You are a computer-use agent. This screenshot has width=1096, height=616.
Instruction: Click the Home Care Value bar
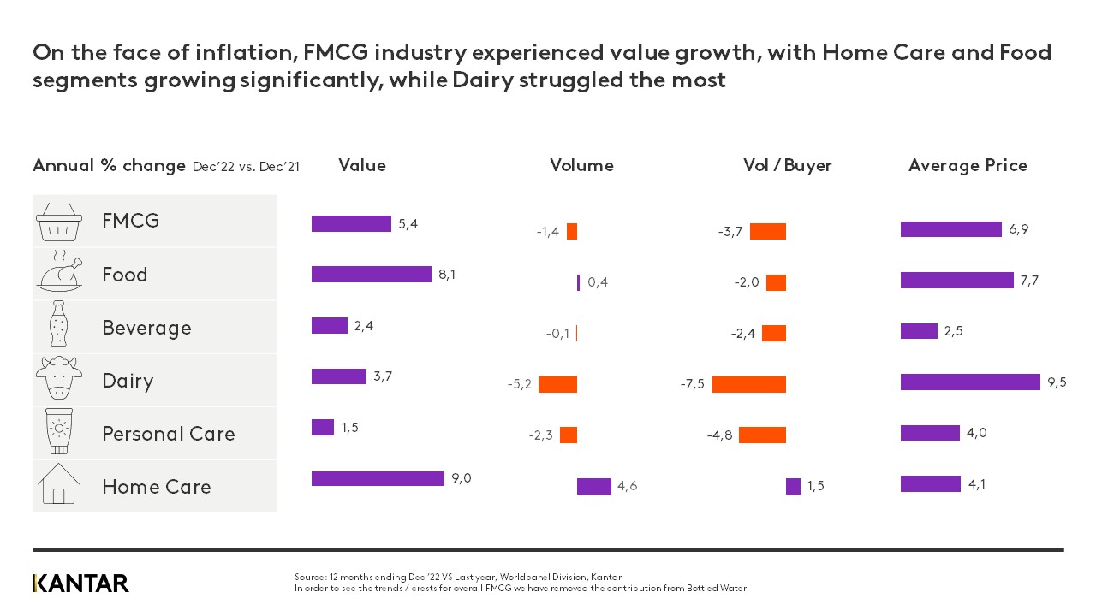(x=378, y=478)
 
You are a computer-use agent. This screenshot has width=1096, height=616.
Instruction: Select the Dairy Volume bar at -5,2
(x=557, y=384)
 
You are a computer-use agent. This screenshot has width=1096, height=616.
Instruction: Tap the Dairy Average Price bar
(x=970, y=382)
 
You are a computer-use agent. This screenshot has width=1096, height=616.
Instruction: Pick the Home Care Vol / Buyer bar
(x=793, y=486)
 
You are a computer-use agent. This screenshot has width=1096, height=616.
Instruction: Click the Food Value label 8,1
(x=447, y=275)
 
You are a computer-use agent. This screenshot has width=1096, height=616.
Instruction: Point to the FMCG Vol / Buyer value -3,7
(x=730, y=232)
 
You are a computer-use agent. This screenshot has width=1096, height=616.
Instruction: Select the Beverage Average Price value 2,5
(x=953, y=331)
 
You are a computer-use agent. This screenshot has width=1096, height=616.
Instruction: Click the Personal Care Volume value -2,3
(x=540, y=435)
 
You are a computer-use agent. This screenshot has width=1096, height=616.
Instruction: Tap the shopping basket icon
(x=59, y=222)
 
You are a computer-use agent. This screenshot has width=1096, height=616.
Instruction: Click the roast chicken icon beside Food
(x=59, y=275)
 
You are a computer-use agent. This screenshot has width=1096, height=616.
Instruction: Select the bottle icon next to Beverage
(x=59, y=328)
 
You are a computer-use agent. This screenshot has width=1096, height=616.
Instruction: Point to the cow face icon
(x=59, y=380)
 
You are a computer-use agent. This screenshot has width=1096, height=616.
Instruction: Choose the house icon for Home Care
(x=59, y=486)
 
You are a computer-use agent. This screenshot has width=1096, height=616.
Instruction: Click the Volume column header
(x=581, y=166)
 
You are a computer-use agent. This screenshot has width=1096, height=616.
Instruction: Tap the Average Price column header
(x=968, y=166)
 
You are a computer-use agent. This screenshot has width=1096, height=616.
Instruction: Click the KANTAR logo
(x=80, y=583)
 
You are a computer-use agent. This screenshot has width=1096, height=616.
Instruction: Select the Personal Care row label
(x=168, y=434)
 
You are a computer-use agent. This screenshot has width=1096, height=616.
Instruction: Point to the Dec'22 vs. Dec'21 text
(x=246, y=167)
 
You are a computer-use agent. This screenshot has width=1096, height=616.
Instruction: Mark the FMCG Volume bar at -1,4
(x=572, y=232)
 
